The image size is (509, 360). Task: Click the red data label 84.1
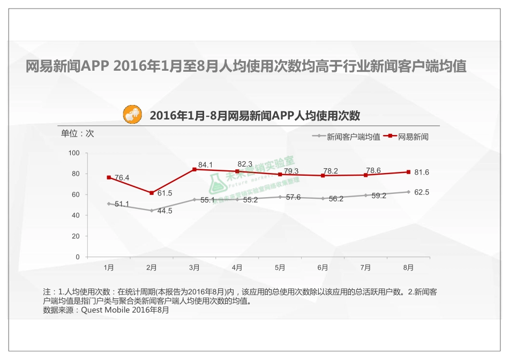coord(205,165)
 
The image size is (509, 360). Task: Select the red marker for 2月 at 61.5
coord(152,193)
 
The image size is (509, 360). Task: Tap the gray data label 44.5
coord(164,211)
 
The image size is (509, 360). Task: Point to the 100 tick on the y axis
coord(74,153)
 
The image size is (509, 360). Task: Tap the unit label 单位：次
coord(77,133)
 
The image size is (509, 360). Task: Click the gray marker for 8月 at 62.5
coord(408,192)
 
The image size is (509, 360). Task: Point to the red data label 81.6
coord(422,172)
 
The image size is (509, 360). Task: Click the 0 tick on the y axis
coord(77,257)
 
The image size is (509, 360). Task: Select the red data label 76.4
coord(122,178)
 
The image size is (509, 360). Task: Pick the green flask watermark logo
coord(215,182)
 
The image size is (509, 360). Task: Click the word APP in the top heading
coord(95,66)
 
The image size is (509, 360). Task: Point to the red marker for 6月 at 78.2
coord(323,176)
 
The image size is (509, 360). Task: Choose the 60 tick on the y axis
coord(76,194)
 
